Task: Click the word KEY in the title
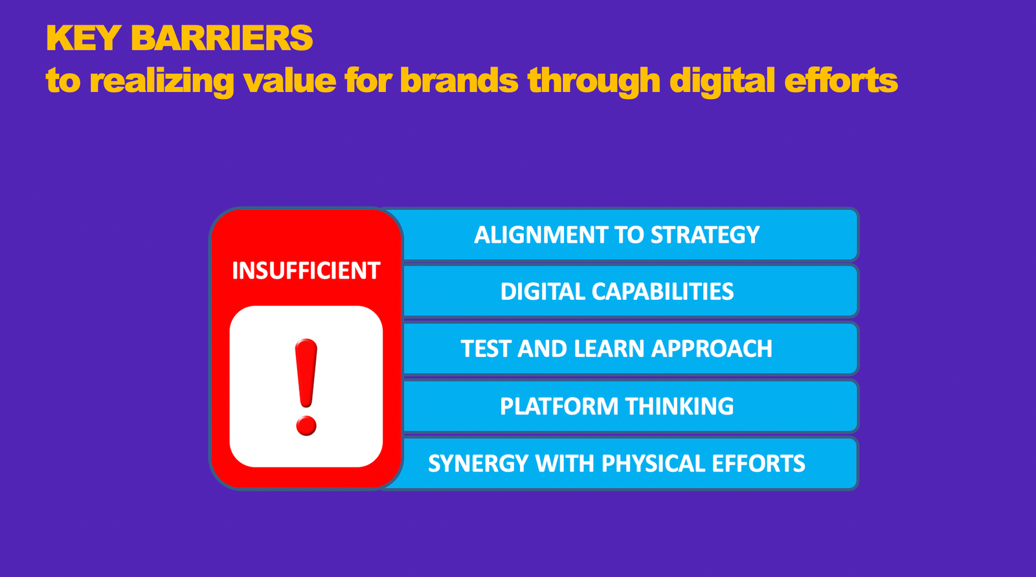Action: pyautogui.click(x=83, y=38)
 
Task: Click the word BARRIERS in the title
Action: pyautogui.click(x=222, y=38)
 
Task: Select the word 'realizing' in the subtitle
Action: pyautogui.click(x=161, y=82)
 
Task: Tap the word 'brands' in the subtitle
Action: pyautogui.click(x=458, y=81)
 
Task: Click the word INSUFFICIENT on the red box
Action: pyautogui.click(x=306, y=271)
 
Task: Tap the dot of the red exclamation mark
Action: pyautogui.click(x=306, y=425)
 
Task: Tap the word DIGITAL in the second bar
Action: pyautogui.click(x=543, y=292)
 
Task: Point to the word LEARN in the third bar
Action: pyautogui.click(x=609, y=349)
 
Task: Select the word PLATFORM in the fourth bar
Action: pyautogui.click(x=559, y=407)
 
